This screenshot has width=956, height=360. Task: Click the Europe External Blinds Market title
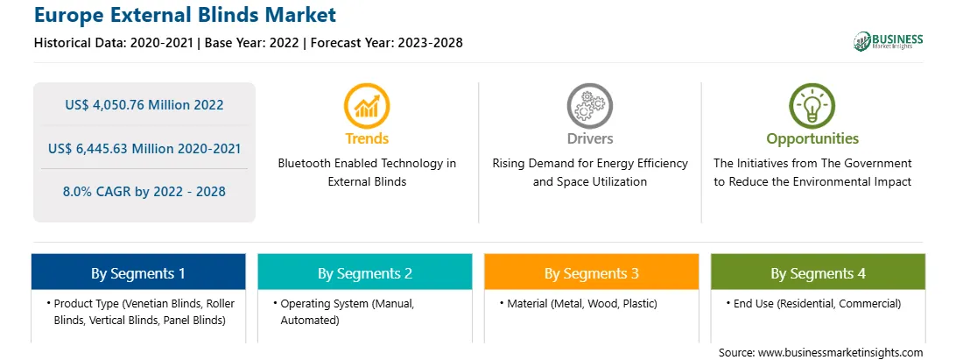tap(185, 14)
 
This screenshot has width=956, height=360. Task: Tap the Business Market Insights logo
tap(889, 41)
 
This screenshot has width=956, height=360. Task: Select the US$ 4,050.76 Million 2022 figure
tap(144, 105)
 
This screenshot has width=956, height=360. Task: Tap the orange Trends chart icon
tap(367, 106)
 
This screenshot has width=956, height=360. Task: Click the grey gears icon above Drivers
tap(589, 106)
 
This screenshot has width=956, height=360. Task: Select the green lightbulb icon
tap(812, 106)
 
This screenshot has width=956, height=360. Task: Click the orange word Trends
tap(367, 138)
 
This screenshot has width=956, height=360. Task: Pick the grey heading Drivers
tap(589, 138)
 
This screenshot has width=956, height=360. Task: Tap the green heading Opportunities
tap(812, 139)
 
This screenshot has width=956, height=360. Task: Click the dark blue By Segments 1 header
tap(138, 272)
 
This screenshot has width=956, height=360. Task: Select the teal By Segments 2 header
tap(364, 272)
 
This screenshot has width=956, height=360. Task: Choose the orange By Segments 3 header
tap(592, 272)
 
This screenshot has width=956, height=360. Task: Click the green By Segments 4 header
tap(819, 272)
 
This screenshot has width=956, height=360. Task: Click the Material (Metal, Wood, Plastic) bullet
tap(579, 303)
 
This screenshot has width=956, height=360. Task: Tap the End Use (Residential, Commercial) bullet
tap(813, 303)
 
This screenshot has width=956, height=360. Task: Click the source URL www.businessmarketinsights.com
tap(840, 353)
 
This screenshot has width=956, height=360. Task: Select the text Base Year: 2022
tap(252, 43)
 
